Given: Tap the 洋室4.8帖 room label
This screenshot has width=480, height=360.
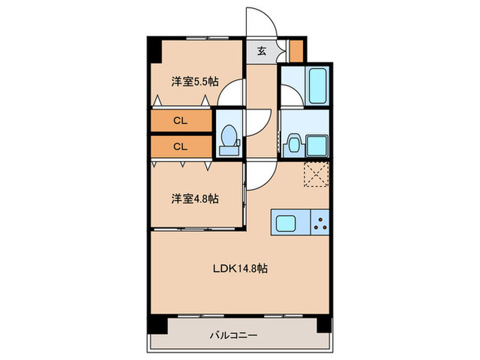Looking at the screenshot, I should click(x=195, y=199).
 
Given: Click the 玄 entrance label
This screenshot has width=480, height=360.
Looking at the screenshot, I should click(x=262, y=50).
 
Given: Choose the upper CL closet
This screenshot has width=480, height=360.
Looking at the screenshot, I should click(x=180, y=121).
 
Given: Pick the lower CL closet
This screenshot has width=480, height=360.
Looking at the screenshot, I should click(x=180, y=145).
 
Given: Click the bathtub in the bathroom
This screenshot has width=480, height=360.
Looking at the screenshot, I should click(x=316, y=86).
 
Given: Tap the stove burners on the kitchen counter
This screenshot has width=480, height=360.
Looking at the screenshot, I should click(x=320, y=223).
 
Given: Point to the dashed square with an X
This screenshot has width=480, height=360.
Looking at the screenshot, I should click(x=316, y=174).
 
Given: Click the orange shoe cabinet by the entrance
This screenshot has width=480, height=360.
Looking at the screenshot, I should click(x=296, y=51).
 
